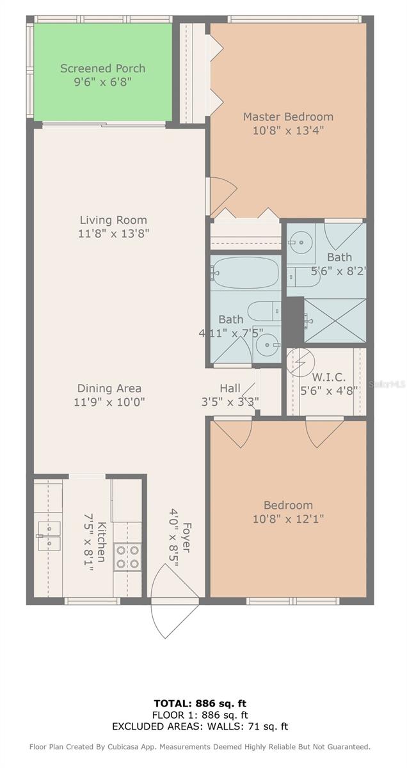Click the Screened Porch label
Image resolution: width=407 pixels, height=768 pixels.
pyautogui.click(x=102, y=68)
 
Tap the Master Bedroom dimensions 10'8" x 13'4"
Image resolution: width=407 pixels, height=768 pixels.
pyautogui.click(x=288, y=131)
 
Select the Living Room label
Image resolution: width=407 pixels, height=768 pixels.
pyautogui.click(x=113, y=220)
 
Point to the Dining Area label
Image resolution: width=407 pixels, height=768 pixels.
pyautogui.click(x=109, y=388)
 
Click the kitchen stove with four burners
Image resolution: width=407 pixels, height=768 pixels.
pyautogui.click(x=127, y=557)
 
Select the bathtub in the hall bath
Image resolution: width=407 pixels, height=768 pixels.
pyautogui.click(x=245, y=273)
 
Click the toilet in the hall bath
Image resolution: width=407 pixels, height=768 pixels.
pyautogui.click(x=264, y=312)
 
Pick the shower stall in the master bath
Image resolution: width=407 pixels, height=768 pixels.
pyautogui.click(x=334, y=320)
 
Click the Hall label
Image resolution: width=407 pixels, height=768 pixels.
pyautogui.click(x=230, y=388)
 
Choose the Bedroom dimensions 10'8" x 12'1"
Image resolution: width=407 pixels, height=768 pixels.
pyautogui.click(x=288, y=518)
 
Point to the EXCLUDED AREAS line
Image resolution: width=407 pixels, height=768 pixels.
pyautogui.click(x=200, y=726)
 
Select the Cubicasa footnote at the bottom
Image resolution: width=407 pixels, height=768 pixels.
pyautogui.click(x=200, y=747)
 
